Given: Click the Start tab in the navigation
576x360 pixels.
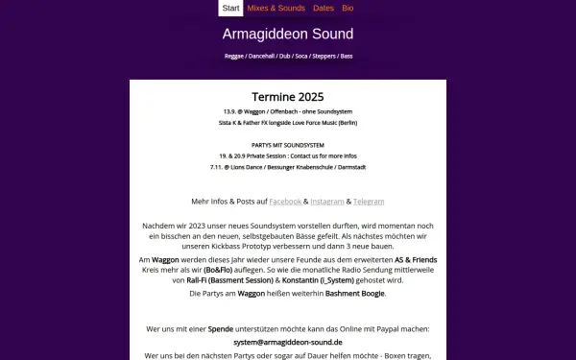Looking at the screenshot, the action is point(230,8).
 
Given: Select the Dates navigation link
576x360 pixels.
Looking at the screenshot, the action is point(324,8).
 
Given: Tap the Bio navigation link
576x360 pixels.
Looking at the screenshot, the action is point(348,8).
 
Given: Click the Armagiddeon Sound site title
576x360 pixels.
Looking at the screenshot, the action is point(287,35).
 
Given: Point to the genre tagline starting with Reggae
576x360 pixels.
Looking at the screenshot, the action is point(288,57).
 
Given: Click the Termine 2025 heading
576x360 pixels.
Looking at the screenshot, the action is point(288,97).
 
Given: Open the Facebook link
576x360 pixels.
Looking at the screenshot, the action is point(285,202).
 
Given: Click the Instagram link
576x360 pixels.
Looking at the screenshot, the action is point(327,202).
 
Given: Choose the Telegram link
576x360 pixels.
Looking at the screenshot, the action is point(369,202).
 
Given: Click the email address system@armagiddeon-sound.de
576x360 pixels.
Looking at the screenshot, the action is point(288,342).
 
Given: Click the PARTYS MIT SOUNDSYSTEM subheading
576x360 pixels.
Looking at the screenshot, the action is point(288,146).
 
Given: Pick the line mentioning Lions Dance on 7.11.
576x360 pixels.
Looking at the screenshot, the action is point(288,167).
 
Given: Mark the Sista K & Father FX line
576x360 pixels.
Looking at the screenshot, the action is point(288,123).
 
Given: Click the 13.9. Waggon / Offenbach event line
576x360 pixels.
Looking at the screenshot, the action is point(288,111).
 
